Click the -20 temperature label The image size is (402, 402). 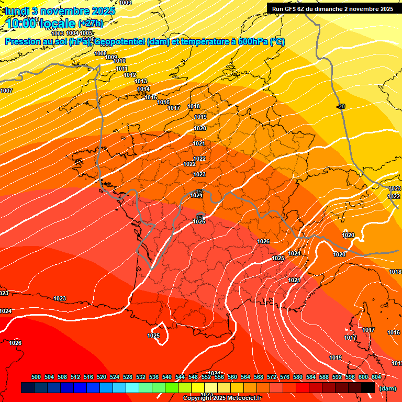pos(341,106)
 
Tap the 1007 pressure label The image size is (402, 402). pos(6,91)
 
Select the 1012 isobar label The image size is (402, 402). pos(130,75)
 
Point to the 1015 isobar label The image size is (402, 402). pos(151,97)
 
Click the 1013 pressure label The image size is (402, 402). pos(141,81)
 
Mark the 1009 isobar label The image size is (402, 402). pos(111,57)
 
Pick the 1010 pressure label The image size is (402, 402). pos(119,61)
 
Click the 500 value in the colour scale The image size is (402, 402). pos(36,377)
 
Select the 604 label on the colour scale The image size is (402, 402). pos(376,377)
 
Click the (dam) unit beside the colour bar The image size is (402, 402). pos(387,388)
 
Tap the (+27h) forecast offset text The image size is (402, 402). pos(91,23)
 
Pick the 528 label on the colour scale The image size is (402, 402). pos(128,377)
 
